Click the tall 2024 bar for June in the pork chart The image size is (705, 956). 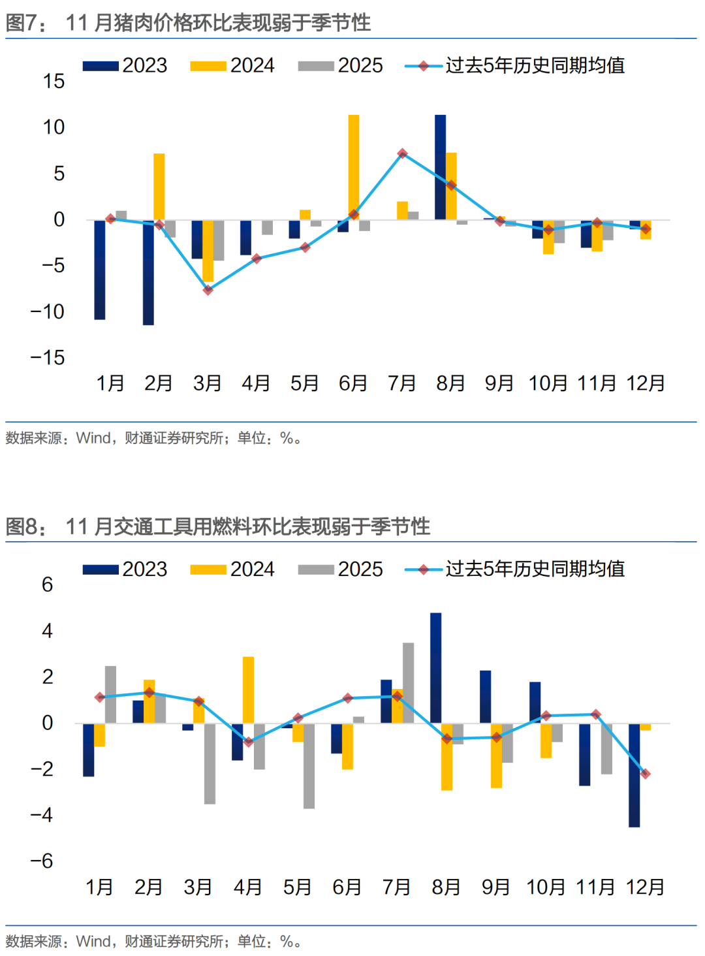point(353,167)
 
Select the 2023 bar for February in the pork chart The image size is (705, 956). point(148,272)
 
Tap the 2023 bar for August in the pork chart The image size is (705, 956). point(441,167)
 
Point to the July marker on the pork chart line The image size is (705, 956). point(403,153)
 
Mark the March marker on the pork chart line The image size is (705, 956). point(208,290)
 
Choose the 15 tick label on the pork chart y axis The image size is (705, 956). point(54,81)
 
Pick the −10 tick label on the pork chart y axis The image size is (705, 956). point(48,311)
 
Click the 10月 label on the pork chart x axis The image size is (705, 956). point(548,383)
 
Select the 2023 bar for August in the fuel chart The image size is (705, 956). point(435,667)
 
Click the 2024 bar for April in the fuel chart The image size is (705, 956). point(248,690)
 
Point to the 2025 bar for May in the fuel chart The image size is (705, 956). point(309,765)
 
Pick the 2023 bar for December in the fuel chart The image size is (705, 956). point(634,775)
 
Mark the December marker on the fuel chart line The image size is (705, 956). point(645,774)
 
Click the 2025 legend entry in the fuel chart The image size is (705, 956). point(341,569)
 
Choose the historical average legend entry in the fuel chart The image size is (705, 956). point(516,569)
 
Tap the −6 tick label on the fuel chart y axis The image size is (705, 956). point(42,861)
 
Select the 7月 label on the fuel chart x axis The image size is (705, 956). point(396,887)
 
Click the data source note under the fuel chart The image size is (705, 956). point(154,941)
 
